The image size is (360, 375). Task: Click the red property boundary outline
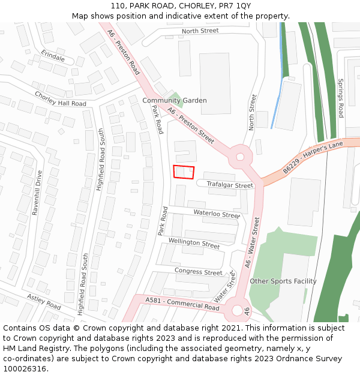coord(184,172)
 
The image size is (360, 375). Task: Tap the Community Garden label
coord(174,100)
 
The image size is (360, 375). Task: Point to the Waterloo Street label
coord(216,213)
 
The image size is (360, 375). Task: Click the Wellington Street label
coord(194,243)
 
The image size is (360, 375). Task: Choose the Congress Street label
coord(198,272)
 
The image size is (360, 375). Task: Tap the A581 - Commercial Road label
coord(182,303)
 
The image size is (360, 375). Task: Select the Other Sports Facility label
coord(283,281)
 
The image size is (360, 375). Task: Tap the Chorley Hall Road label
coord(60,99)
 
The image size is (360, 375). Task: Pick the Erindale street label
coord(53,56)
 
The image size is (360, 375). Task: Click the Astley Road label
coord(44,300)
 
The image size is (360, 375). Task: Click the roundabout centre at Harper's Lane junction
coord(240,157)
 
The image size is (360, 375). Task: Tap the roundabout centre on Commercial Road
coord(237,311)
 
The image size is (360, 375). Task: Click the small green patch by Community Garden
coord(176,96)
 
